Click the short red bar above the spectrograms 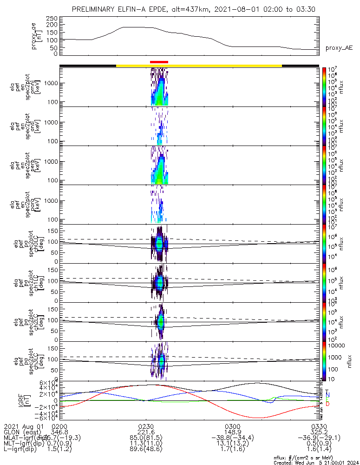pyautogui.click(x=159, y=62)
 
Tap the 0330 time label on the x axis pyautogui.click(x=319, y=426)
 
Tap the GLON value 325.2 pyautogui.click(x=319, y=432)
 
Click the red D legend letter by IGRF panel pyautogui.click(x=327, y=404)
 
